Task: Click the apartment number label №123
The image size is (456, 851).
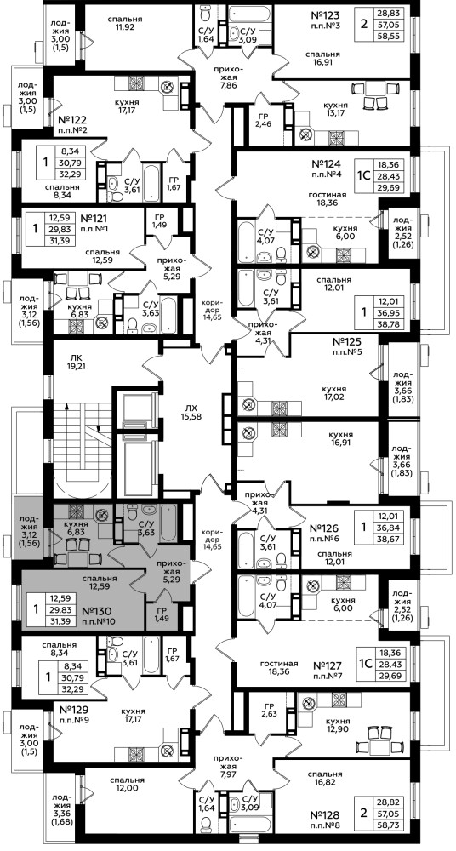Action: pos(328,14)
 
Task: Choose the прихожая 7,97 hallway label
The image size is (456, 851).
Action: pos(227,771)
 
